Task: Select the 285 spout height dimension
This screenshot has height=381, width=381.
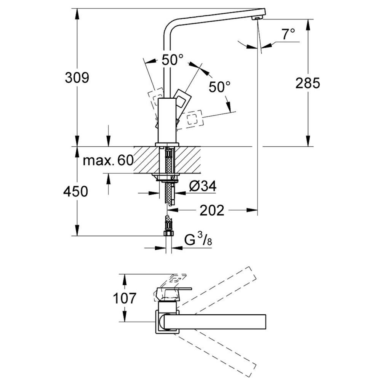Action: pyautogui.click(x=308, y=83)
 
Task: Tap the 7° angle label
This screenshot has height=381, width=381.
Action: pyautogui.click(x=288, y=34)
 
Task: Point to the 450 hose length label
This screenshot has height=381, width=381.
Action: pyautogui.click(x=76, y=191)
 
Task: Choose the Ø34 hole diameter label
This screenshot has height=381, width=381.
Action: pyautogui.click(x=203, y=186)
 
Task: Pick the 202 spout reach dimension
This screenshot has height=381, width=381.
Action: pyautogui.click(x=212, y=210)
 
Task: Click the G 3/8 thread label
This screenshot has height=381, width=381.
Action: pyautogui.click(x=198, y=240)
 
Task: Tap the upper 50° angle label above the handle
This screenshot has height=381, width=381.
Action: pyautogui.click(x=172, y=60)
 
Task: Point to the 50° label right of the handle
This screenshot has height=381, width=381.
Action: pyautogui.click(x=220, y=87)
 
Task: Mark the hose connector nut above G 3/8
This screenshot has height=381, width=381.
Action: pyautogui.click(x=167, y=232)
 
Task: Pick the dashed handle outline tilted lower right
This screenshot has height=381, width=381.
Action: pyautogui.click(x=194, y=118)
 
